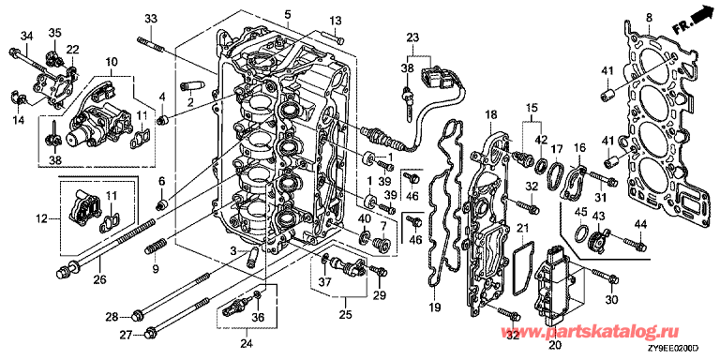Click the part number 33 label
tap(151, 19)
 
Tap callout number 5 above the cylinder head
tap(288, 14)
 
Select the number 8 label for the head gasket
tap(649, 19)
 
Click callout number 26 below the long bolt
tap(100, 278)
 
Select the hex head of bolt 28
tap(136, 316)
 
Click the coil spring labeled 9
tap(156, 247)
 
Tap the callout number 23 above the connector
tap(412, 37)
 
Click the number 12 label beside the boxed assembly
tap(42, 219)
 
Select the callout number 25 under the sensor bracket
tap(345, 315)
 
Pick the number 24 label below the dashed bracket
tap(247, 343)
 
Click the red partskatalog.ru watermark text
tap(592, 332)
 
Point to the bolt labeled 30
tap(607, 276)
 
